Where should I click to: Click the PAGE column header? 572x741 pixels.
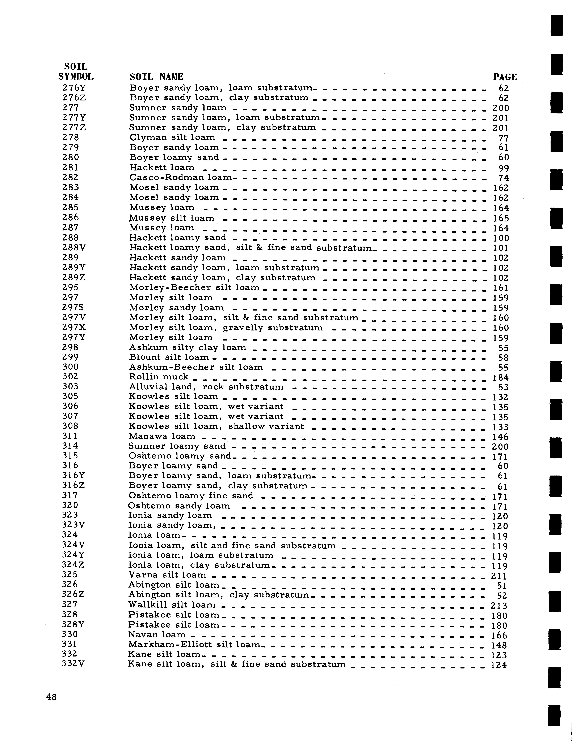(x=505, y=77)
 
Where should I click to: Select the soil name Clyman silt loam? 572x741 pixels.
(x=172, y=137)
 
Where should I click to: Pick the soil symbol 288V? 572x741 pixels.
(x=74, y=248)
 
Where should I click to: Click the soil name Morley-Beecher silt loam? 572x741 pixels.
(x=194, y=288)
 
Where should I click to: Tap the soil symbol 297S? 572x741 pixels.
(x=73, y=307)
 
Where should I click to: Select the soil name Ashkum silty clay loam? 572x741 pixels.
(x=187, y=347)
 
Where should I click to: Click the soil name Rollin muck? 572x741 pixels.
(x=159, y=377)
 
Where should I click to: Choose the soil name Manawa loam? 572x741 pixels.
(x=162, y=436)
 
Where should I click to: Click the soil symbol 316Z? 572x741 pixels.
(x=73, y=486)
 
